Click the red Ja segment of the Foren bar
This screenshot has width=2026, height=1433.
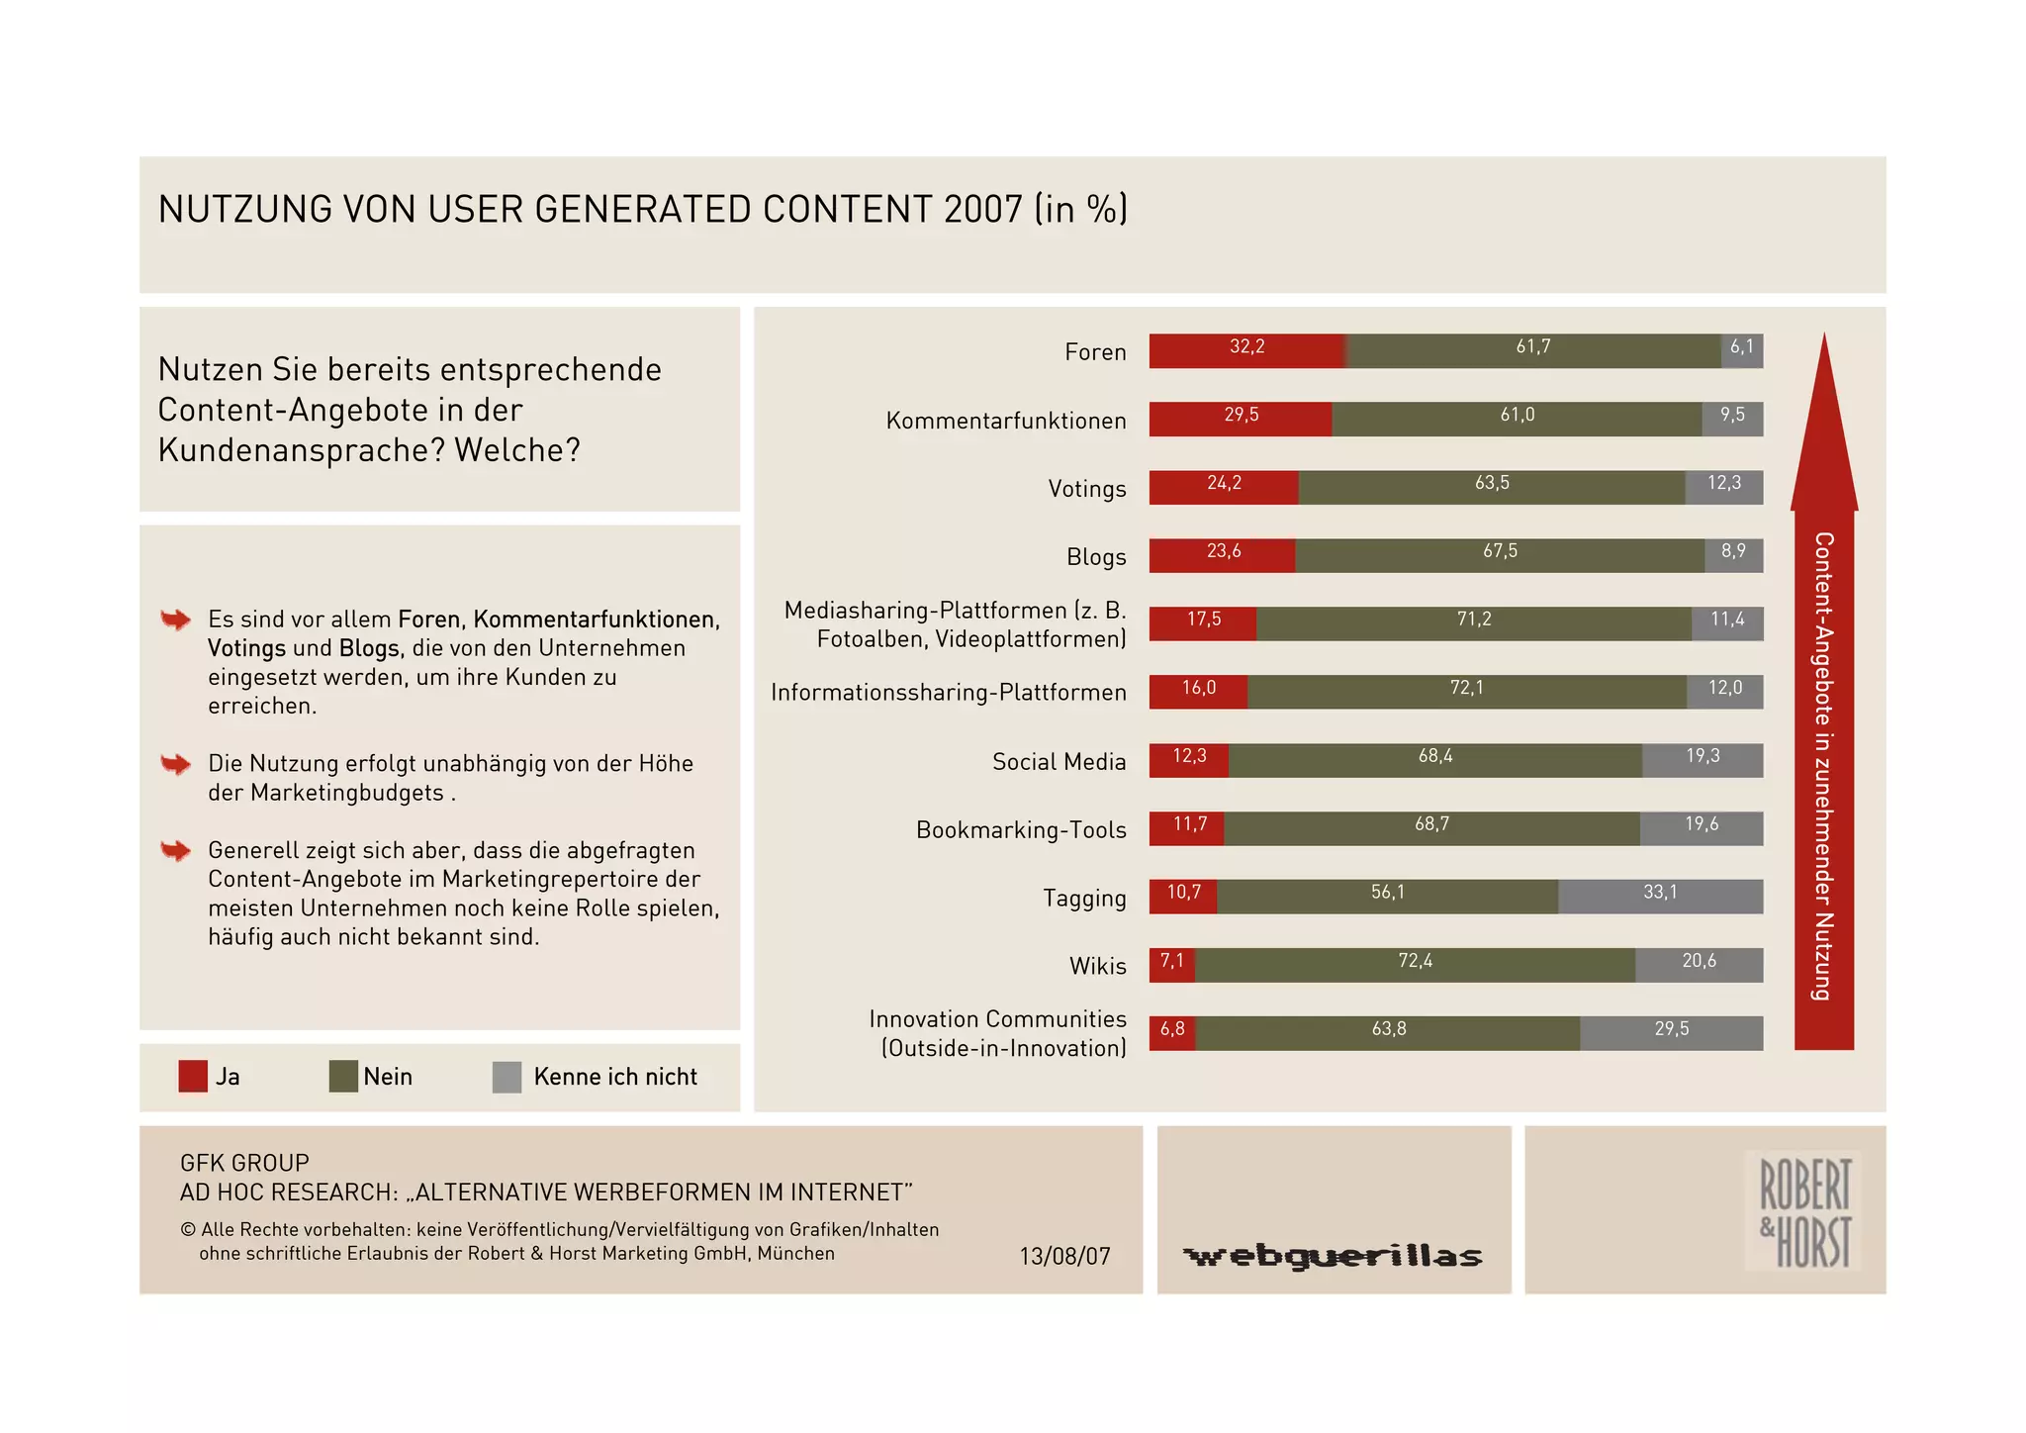point(1246,350)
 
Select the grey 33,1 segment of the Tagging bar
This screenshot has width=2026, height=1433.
point(1660,896)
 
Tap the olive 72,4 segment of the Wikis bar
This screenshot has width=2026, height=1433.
point(1415,964)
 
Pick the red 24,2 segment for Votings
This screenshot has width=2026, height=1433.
point(1224,487)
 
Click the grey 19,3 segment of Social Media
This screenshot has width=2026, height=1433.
point(1703,759)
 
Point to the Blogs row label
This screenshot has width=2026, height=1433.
point(1096,557)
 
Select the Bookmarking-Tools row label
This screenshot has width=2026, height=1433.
point(1021,829)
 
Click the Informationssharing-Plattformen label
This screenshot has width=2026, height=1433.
point(949,692)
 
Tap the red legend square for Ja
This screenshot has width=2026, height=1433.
point(193,1076)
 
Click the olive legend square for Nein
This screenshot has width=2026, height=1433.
point(343,1076)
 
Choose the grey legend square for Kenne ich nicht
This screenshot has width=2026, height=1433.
point(506,1077)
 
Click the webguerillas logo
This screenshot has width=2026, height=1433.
point(1333,1256)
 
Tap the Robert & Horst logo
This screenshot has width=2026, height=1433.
point(1804,1211)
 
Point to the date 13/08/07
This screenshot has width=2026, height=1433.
point(1064,1256)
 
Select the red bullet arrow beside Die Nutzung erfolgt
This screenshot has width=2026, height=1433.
point(175,764)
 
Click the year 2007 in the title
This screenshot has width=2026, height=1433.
point(983,210)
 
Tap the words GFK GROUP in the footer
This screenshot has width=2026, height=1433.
point(244,1163)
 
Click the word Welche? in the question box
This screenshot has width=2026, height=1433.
point(517,450)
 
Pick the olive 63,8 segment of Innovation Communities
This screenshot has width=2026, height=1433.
point(1388,1032)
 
